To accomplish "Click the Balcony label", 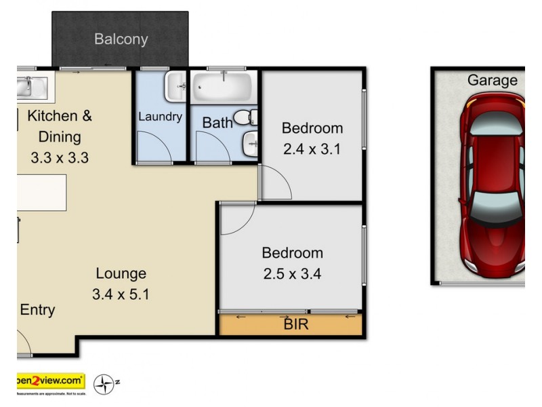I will (x=121, y=39).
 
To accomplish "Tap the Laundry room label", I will (x=160, y=117).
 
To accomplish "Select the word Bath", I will (x=217, y=123).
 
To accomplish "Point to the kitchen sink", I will (x=30, y=86).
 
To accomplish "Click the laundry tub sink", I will (x=177, y=85).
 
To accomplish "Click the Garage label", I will (x=492, y=81).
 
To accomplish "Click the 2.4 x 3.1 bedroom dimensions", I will (x=312, y=149).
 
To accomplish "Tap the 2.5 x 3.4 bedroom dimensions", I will (x=293, y=274).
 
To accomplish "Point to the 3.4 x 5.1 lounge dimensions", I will (x=121, y=294).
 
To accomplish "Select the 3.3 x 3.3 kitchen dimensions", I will (x=60, y=158).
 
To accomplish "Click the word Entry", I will (x=37, y=310).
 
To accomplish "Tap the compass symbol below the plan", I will (x=104, y=384).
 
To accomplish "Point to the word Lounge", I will (x=121, y=274).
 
